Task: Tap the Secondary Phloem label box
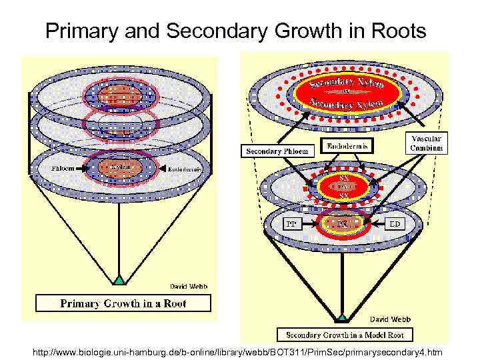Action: pos(277,151)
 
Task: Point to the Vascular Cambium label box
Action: pos(427,142)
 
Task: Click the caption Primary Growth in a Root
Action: pos(123,303)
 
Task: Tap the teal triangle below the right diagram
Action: pos(342,318)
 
